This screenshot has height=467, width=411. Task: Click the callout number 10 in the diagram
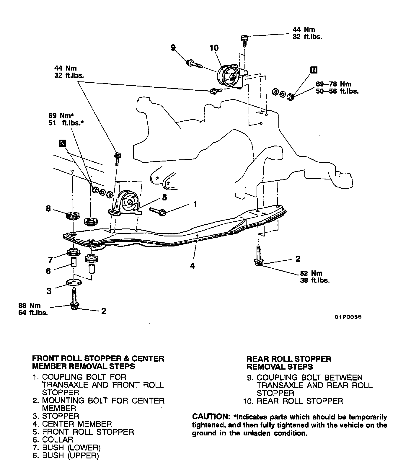[214, 48]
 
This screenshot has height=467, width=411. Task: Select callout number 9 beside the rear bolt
[173, 47]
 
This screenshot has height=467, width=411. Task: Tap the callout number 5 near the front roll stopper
[164, 197]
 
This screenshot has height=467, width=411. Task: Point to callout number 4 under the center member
[192, 266]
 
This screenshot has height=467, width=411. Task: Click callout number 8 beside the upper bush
[48, 209]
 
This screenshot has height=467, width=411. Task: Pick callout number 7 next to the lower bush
[50, 260]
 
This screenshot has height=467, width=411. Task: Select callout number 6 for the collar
[48, 271]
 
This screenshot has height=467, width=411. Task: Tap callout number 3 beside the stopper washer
[49, 291]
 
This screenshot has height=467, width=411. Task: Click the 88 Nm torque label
[29, 306]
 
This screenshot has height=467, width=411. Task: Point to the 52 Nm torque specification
[311, 273]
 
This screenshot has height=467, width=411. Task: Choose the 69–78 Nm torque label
[334, 84]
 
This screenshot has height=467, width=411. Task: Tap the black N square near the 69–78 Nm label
[314, 70]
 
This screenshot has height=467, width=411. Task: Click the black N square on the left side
[62, 143]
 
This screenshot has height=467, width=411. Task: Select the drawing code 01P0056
[348, 317]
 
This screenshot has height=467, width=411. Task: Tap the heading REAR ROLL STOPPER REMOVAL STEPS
[289, 363]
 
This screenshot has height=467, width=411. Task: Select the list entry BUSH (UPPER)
[70, 455]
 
